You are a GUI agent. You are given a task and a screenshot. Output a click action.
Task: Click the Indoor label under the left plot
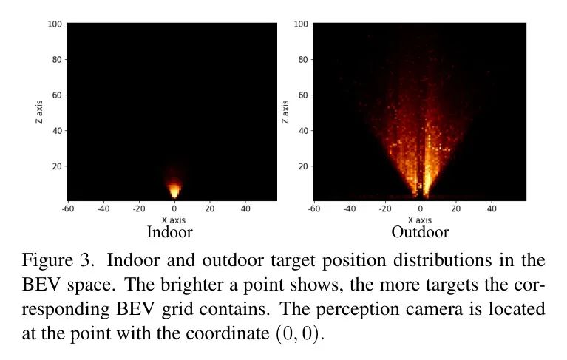[171, 232]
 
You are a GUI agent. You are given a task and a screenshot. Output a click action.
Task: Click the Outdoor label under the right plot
[420, 232]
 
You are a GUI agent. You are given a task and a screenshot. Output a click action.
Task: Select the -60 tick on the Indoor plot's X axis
[67, 208]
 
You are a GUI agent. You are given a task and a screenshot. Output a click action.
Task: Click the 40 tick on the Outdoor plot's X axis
[492, 208]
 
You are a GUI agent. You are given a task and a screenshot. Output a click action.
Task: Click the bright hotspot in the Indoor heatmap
[174, 190]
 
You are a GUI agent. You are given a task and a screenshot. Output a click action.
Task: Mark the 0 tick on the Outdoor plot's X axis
[421, 208]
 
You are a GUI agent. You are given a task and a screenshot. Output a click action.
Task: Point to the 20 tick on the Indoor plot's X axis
[209, 208]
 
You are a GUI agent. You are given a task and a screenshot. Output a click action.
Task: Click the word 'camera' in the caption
[471, 308]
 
